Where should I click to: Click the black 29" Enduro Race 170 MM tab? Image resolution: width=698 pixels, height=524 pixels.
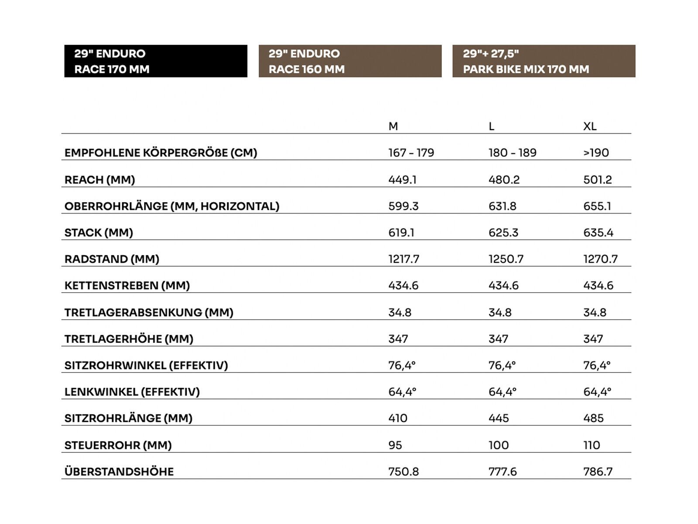click(x=155, y=61)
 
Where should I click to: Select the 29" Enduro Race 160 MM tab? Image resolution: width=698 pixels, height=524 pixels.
click(x=350, y=61)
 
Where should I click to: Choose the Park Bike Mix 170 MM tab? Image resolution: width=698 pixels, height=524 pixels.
click(x=544, y=61)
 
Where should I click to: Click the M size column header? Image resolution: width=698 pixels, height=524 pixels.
click(x=393, y=126)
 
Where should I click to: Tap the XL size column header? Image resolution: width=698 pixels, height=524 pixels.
click(x=590, y=126)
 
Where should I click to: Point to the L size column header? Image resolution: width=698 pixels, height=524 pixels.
click(x=491, y=126)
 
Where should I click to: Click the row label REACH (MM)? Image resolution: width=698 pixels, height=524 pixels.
click(x=100, y=179)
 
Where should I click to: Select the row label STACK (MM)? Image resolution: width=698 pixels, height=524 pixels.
click(x=99, y=232)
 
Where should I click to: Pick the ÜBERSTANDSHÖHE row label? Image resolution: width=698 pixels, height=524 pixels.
click(x=119, y=472)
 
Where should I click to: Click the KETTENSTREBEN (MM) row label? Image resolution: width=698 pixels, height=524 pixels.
click(x=127, y=286)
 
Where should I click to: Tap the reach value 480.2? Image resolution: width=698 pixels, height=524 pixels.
click(x=504, y=179)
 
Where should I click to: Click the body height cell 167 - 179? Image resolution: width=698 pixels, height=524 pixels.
click(x=411, y=153)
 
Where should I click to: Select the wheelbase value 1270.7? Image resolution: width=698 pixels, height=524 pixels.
click(x=600, y=259)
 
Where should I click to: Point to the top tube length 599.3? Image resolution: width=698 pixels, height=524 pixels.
click(x=403, y=206)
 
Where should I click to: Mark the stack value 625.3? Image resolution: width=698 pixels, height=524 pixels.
click(x=503, y=232)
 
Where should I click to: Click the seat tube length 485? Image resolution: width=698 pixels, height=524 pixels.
click(x=593, y=418)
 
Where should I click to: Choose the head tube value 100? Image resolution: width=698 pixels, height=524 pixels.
click(x=498, y=445)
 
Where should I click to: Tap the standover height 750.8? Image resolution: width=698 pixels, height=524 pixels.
click(x=403, y=472)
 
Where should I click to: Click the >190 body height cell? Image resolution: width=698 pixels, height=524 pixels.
click(x=596, y=153)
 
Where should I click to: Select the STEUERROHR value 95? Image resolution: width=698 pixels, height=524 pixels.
click(x=395, y=445)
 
